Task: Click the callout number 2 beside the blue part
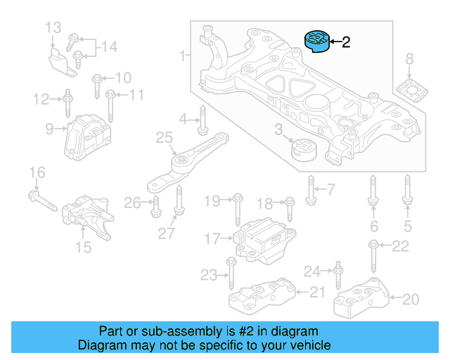point(345,43)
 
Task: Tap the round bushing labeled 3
point(304,150)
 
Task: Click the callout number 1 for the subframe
point(183,55)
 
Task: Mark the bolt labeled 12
point(67,103)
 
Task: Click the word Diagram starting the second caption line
point(99,345)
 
